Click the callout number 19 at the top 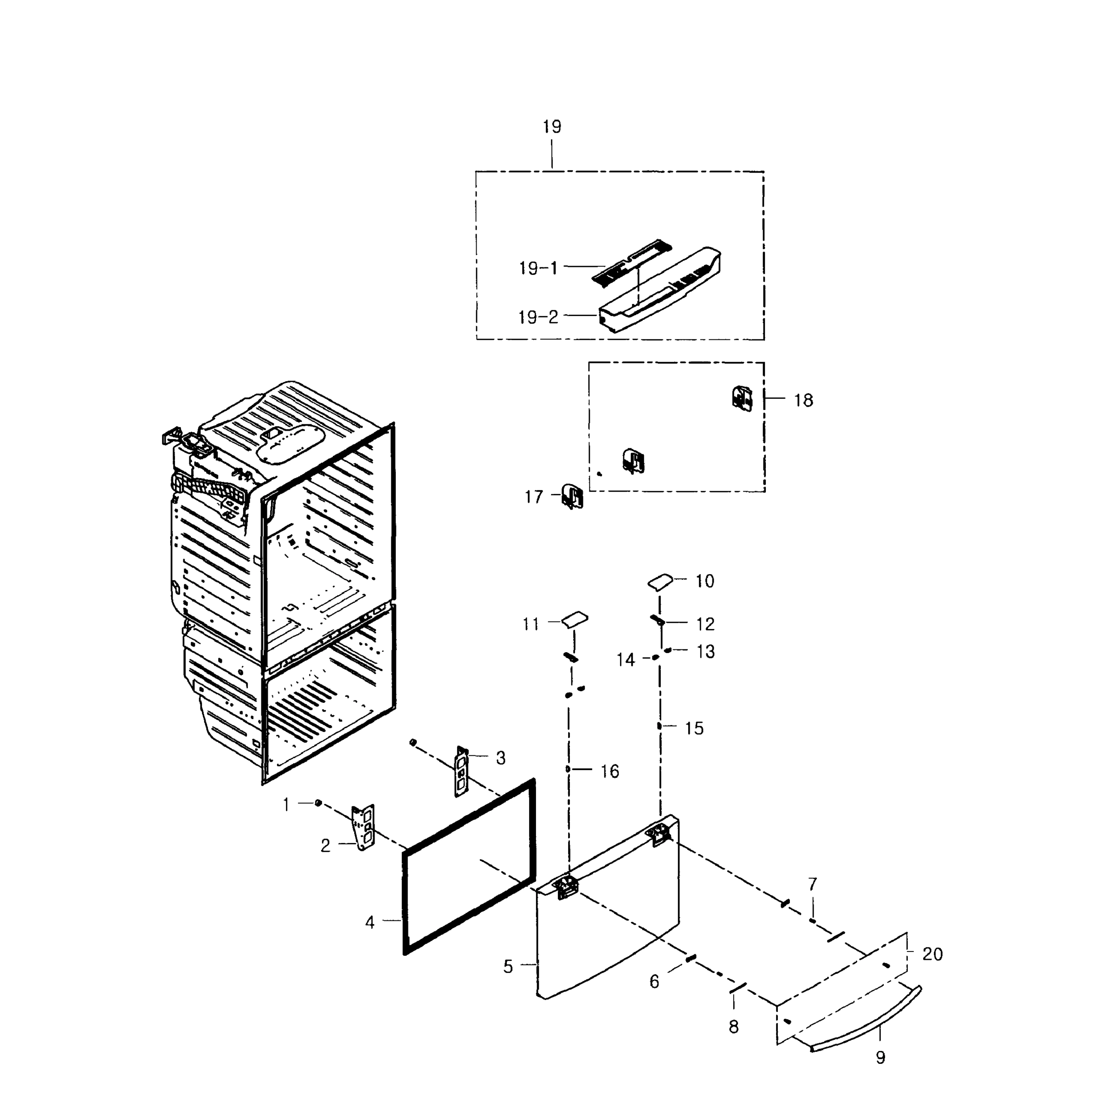(552, 127)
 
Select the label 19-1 (538, 268)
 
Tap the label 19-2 (538, 317)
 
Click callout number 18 (803, 400)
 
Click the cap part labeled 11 (575, 619)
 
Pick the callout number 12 (705, 624)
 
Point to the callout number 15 (694, 729)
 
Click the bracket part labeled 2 (364, 827)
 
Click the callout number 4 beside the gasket (370, 923)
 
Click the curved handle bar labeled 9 (867, 1019)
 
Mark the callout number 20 (932, 954)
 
